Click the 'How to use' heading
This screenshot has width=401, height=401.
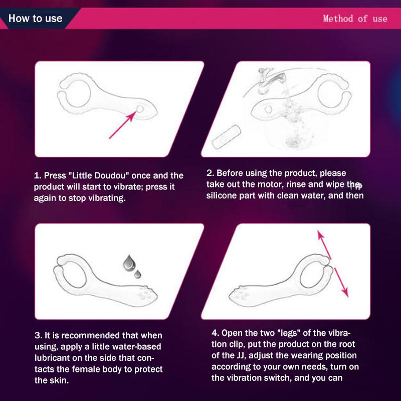[35, 19]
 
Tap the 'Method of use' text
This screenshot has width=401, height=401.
[355, 19]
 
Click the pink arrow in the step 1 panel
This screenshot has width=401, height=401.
[123, 125]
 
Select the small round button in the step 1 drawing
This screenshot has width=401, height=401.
[140, 109]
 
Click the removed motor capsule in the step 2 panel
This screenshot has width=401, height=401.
[226, 137]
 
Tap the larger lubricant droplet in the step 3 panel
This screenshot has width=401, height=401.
[129, 263]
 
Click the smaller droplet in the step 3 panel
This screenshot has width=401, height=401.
[137, 274]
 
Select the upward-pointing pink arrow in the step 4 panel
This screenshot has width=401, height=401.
[324, 245]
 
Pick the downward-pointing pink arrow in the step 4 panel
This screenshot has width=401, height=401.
[341, 282]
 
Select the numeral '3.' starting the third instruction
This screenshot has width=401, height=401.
[39, 335]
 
